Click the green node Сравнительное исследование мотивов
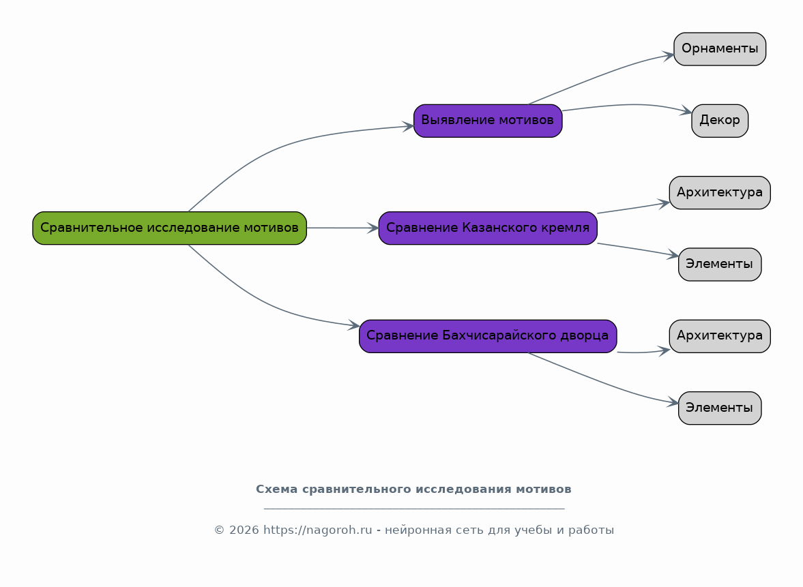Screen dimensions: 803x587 169,228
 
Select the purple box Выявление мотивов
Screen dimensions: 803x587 488,121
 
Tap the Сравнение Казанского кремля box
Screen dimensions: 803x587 488,228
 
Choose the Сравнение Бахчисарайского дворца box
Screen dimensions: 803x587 488,336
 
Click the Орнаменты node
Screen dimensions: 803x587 720,49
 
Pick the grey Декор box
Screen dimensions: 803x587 720,121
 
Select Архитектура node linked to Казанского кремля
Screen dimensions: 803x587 720,192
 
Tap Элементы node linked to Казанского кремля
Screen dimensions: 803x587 720,264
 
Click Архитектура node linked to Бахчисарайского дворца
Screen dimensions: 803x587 720,336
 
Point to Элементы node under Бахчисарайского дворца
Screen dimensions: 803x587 720,408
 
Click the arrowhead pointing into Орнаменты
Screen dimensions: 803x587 669,55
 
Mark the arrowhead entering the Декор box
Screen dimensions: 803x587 686,110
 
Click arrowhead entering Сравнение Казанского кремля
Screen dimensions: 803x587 373,228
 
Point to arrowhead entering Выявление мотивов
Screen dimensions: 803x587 408,126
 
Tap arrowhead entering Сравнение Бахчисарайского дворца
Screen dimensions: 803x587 354,325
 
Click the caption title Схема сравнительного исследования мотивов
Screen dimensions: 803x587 414,490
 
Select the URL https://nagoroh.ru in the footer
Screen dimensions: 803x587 317,530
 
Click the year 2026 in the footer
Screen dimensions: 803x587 244,530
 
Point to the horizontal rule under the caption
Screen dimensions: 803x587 414,509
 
